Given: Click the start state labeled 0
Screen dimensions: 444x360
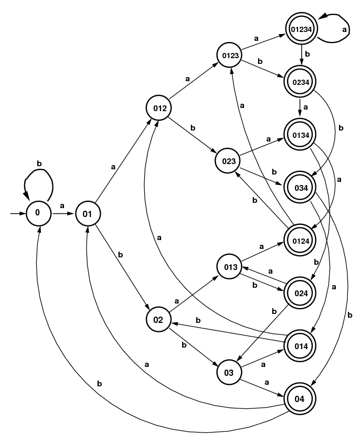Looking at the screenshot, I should pos(38,213).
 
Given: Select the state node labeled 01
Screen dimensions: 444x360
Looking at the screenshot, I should pos(88,213).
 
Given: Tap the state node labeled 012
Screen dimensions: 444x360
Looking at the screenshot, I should pos(160,109).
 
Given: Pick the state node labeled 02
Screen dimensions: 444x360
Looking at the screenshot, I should pos(158,319).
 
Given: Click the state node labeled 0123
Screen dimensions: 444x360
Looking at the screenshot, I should pos(230,55).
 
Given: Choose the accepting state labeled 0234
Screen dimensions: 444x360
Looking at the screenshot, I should pos(301,81).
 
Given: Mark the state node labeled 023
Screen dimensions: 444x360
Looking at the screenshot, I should pos(228,160).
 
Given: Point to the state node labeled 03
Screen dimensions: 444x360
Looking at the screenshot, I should pos(229,373).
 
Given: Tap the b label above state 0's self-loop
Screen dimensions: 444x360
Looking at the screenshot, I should pos(39,164).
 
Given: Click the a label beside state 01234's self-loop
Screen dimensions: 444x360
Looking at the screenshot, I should pos(344,30).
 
